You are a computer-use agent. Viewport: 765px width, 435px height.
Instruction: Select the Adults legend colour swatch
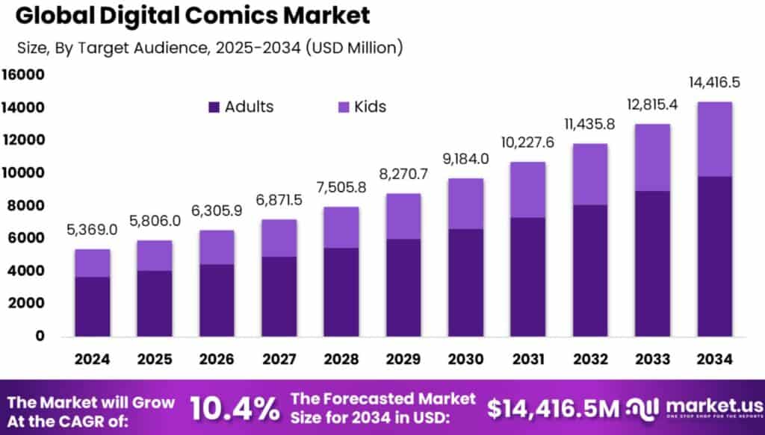(214, 107)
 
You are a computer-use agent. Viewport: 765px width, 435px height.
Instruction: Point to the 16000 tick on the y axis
(24, 75)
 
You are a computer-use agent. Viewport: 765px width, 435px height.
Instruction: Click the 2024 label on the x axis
(93, 359)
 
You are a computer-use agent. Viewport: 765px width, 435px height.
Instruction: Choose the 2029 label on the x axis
(403, 359)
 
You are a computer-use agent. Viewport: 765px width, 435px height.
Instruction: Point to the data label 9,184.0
(465, 159)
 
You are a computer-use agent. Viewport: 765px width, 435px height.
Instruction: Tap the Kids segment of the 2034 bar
(713, 139)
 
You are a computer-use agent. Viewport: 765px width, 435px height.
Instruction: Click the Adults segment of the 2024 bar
(93, 306)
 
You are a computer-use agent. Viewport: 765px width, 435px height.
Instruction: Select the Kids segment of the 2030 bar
(465, 204)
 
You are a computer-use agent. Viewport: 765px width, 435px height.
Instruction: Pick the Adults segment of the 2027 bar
(279, 296)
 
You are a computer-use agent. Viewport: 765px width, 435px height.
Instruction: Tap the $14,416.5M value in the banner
(554, 408)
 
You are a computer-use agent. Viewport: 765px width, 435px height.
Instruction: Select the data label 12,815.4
(651, 104)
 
